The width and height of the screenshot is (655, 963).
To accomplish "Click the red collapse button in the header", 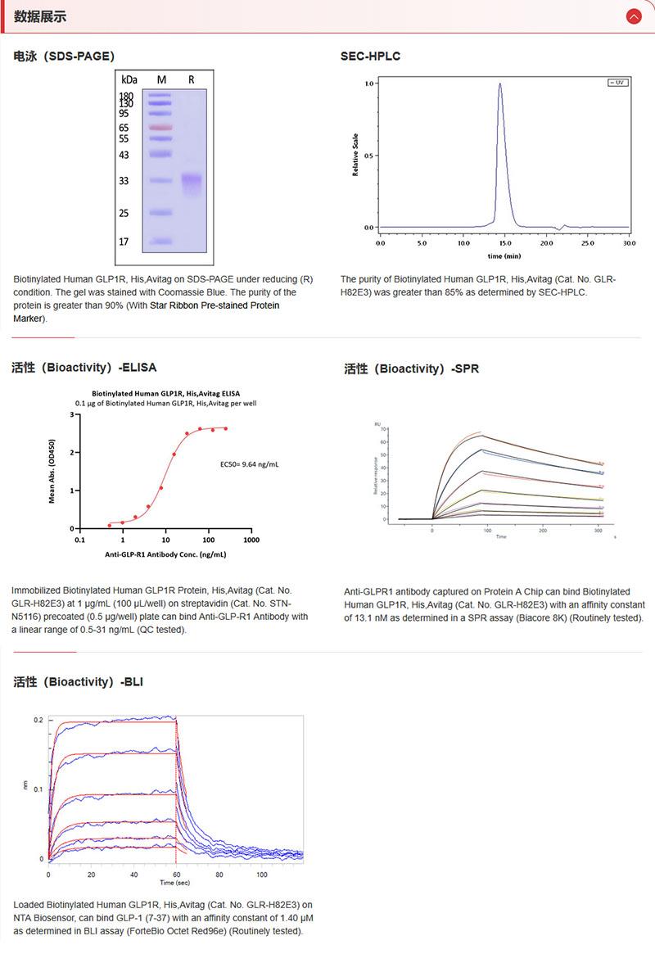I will click(x=633, y=16).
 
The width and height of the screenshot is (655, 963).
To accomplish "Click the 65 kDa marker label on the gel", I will click(x=124, y=128).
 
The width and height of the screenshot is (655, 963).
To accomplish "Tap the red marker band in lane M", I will click(x=160, y=128).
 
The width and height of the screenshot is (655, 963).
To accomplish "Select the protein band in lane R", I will click(x=192, y=181).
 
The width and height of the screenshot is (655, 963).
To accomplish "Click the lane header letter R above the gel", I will click(x=192, y=79).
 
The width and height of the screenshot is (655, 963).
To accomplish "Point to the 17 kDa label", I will click(x=124, y=242).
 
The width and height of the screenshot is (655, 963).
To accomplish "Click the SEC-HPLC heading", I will click(x=370, y=56).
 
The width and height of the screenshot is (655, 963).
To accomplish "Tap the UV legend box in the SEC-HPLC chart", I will click(x=617, y=83).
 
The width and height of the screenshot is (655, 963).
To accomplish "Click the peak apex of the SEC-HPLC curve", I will click(x=499, y=84).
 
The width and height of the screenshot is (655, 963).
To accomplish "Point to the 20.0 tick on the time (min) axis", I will click(x=546, y=243).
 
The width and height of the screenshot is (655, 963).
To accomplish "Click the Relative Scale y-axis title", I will click(x=355, y=155).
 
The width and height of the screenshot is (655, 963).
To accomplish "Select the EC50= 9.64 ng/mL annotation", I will click(x=250, y=464).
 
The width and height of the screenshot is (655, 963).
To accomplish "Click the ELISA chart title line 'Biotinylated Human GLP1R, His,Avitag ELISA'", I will click(x=166, y=393).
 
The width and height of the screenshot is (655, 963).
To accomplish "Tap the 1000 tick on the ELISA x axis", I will click(x=252, y=540).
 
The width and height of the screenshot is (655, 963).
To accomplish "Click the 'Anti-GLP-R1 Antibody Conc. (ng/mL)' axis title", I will click(x=165, y=554).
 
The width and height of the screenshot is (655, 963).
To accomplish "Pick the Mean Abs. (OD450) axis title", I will click(x=52, y=470).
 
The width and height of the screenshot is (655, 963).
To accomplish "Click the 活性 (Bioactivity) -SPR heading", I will click(x=411, y=368).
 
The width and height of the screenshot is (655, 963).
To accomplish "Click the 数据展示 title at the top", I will click(x=40, y=16).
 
